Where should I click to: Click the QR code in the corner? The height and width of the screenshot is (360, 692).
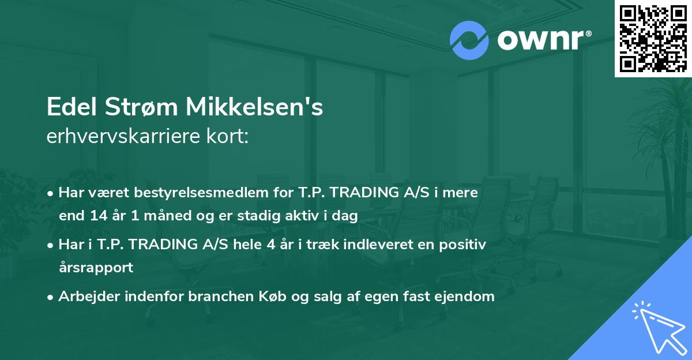click(653, 38)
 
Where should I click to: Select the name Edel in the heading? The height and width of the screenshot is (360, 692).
click(72, 108)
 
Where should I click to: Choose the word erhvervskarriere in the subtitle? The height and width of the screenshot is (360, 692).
click(126, 136)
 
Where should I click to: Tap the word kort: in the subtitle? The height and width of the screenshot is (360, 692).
click(229, 136)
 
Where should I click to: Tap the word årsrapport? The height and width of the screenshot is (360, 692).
click(96, 268)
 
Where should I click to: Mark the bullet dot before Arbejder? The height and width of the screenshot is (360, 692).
click(51, 297)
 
